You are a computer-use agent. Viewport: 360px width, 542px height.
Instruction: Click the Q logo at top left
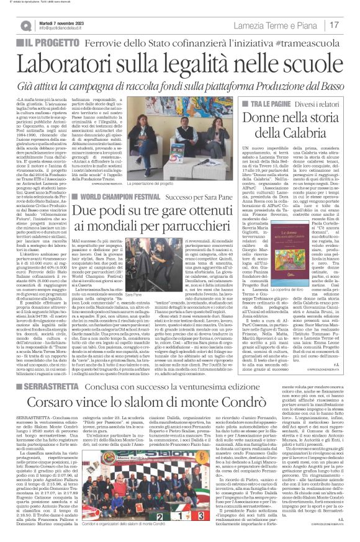pyautogui.click(x=25, y=25)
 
